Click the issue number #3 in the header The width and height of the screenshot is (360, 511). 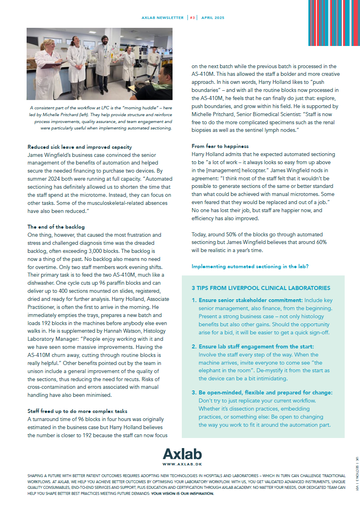coord(192,18)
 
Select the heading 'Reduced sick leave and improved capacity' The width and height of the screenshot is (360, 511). coord(79,147)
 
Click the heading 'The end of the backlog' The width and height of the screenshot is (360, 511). coord(56,227)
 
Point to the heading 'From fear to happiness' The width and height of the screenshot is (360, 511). coord(220,146)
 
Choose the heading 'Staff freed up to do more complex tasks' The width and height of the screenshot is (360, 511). coord(77,411)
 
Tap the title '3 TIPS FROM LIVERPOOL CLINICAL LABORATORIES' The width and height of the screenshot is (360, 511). coord(261,288)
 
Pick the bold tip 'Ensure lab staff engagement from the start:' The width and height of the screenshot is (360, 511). coord(256,347)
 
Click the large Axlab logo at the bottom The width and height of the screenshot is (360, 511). coord(182,455)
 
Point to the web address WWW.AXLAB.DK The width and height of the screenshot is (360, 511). coord(182,465)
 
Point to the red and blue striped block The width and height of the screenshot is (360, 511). coord(333,23)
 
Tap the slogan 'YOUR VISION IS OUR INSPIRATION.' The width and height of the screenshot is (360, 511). coord(182,494)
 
